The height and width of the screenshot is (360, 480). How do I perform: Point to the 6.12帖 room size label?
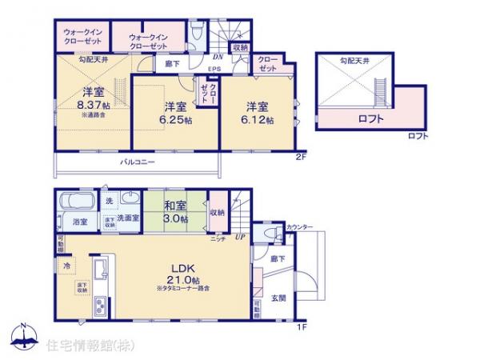click(258, 120)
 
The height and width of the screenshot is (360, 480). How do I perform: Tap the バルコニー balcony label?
click(138, 162)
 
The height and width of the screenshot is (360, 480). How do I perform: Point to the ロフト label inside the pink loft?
click(369, 119)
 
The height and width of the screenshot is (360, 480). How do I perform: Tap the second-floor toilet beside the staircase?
click(198, 30)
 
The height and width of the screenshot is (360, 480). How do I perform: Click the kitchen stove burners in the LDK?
click(101, 305)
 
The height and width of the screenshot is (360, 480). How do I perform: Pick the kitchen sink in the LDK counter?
click(101, 270)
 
